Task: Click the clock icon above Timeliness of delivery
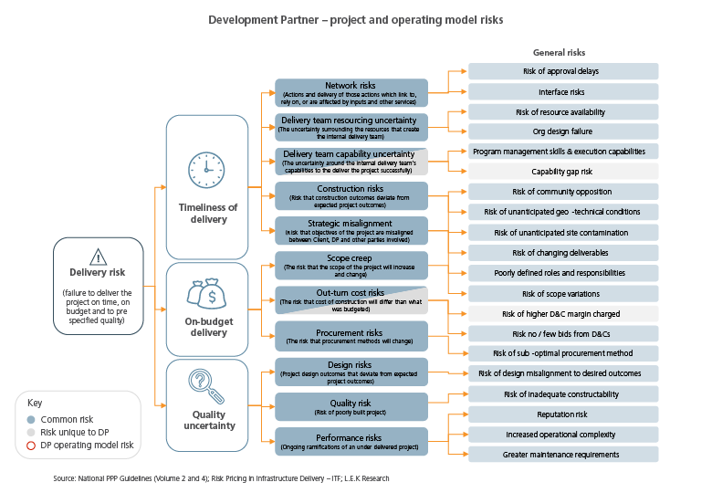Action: pos(206,170)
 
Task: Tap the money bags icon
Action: pos(206,294)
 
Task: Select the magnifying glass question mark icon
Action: pos(206,386)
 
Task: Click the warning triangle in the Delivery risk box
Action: pos(98,257)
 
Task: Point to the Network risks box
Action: pos(351,92)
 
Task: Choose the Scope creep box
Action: pos(351,265)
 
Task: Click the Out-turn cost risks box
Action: pos(351,300)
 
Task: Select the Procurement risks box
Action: pos(351,336)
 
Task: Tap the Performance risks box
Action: pos(351,441)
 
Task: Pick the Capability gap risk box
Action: pos(563,172)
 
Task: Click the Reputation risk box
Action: pos(563,414)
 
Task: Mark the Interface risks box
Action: pos(563,91)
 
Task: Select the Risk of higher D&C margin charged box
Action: pos(563,314)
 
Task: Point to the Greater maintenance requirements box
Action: pos(563,455)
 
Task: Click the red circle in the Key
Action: pos(31,446)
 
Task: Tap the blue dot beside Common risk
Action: pos(31,419)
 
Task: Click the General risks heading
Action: pos(559,53)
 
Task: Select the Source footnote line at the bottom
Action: pos(221,478)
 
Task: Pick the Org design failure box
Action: pos(563,131)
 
